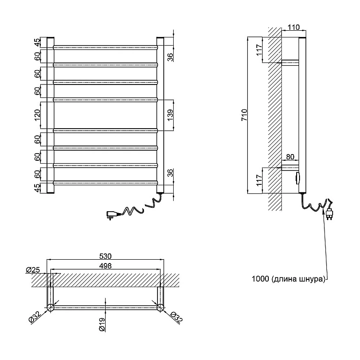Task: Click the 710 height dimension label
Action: coord(244,115)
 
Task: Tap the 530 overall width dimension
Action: coord(106,256)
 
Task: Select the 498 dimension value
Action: coord(106,265)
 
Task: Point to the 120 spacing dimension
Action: coord(37,116)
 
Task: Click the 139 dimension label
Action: coord(170,115)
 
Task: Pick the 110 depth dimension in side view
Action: coord(294,27)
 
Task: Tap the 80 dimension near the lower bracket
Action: coord(290,156)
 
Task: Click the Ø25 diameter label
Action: coord(33,270)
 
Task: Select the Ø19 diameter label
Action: coord(102,324)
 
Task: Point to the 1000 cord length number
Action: coord(260,279)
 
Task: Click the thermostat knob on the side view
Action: coord(298,178)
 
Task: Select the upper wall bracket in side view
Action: coord(290,63)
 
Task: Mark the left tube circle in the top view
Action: coord(50,307)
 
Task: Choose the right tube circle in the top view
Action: coord(160,307)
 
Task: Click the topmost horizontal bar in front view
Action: coord(106,48)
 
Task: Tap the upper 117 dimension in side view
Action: coord(259,50)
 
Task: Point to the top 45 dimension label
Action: coord(37,42)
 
